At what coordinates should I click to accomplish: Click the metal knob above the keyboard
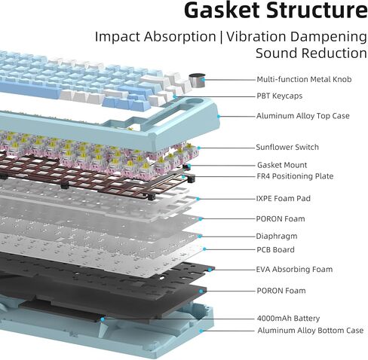[x=197, y=81]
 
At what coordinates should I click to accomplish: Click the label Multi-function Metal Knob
[x=304, y=79]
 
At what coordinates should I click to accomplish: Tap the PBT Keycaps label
[x=279, y=96]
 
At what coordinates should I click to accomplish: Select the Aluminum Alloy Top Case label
[x=303, y=116]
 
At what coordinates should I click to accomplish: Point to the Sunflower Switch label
[x=287, y=147]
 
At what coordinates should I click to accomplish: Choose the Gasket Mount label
[x=282, y=165]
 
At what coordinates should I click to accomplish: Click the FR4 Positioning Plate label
[x=295, y=176]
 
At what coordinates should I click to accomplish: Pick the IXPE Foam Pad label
[x=284, y=198]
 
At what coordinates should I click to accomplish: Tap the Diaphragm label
[x=277, y=236]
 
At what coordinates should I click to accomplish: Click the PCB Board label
[x=275, y=249]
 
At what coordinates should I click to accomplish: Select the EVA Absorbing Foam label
[x=294, y=269]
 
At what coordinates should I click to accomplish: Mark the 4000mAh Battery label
[x=288, y=319]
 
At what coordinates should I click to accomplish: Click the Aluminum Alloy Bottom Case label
[x=311, y=331]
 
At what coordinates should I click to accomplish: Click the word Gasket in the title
[x=222, y=10]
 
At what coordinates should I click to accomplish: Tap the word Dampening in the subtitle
[x=329, y=37]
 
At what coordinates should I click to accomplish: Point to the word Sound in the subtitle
[x=277, y=53]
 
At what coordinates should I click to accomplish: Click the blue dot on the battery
[x=103, y=319]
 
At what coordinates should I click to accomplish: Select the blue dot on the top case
[x=219, y=116]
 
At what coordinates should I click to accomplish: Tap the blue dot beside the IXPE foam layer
[x=198, y=199]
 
